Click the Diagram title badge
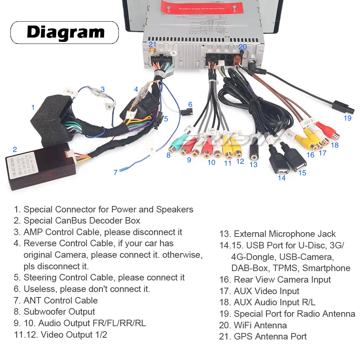coord(65,32)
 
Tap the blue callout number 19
coord(347,118)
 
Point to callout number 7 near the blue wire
coord(115,172)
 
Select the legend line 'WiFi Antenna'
coord(253,325)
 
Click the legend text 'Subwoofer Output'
coord(59,312)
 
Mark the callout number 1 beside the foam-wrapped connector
coord(33,107)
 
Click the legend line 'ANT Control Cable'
coord(60,300)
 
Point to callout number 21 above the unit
coord(153,44)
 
